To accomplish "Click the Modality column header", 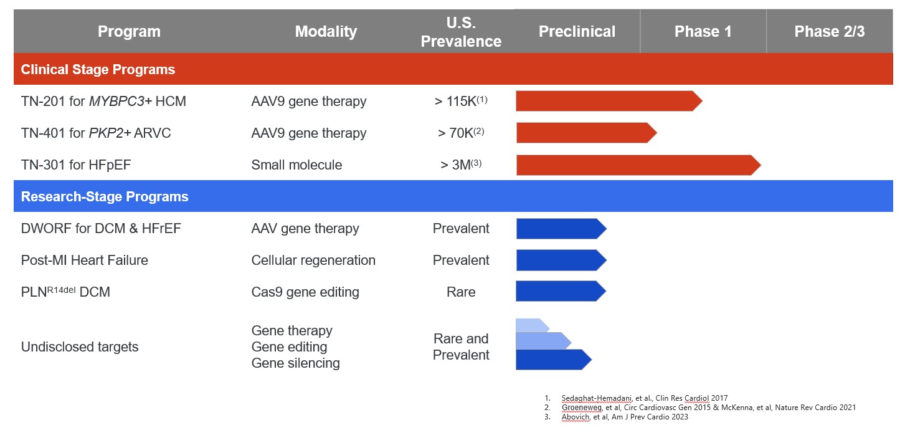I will [326, 32].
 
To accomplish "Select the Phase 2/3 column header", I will [829, 32].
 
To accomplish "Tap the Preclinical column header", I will [577, 32].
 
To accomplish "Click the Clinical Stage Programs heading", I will [98, 69].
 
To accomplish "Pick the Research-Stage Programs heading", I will [105, 197].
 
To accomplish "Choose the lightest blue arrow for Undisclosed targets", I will [531, 325].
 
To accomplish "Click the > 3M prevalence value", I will [458, 165].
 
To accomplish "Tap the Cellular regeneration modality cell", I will [313, 261].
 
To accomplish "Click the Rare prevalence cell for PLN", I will [461, 292].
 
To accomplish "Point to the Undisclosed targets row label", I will [80, 347].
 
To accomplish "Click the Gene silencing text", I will [295, 363].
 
